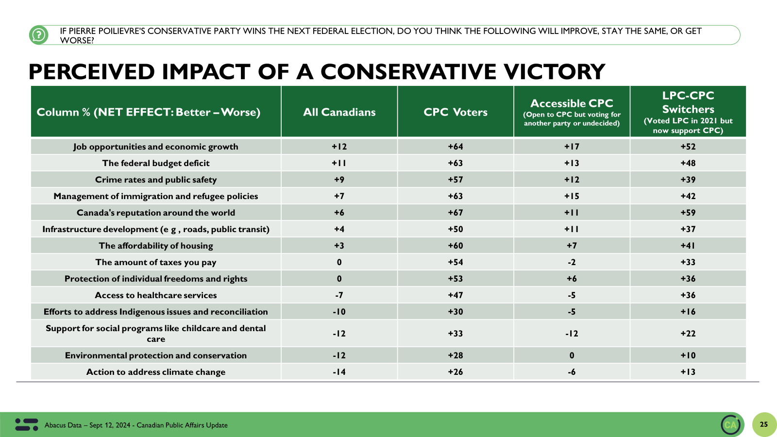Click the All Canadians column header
(x=339, y=112)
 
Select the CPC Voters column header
(x=455, y=112)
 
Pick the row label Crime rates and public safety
(x=156, y=180)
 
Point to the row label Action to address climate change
(x=156, y=372)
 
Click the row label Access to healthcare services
(x=156, y=295)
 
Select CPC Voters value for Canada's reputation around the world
(x=455, y=213)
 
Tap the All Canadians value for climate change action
(x=339, y=372)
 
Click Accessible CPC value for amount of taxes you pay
(x=572, y=262)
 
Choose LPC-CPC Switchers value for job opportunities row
(x=688, y=147)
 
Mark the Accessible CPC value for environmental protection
(x=572, y=355)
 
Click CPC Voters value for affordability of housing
(x=455, y=246)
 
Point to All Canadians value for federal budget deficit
(x=339, y=163)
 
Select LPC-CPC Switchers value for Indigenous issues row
(x=688, y=312)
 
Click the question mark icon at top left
(x=38, y=35)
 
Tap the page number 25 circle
(x=764, y=424)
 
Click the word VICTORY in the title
(x=554, y=72)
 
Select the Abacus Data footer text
(x=136, y=425)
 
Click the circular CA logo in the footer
(x=730, y=425)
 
